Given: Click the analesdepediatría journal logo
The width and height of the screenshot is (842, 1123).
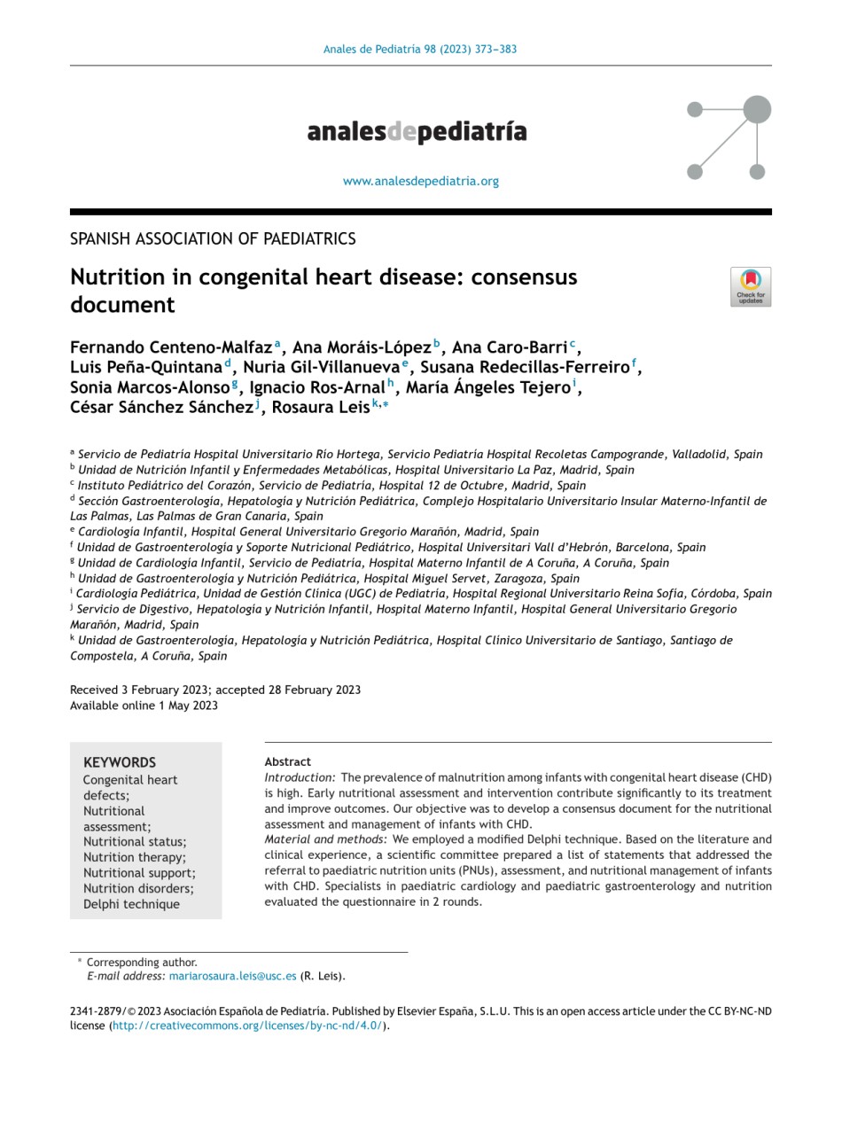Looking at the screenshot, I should (x=417, y=132).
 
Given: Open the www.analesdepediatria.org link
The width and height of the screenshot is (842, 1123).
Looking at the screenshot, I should (x=420, y=181).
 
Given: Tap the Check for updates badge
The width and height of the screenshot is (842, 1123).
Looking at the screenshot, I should (x=750, y=286).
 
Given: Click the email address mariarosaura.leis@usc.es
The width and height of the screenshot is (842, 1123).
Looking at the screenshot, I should (x=232, y=976).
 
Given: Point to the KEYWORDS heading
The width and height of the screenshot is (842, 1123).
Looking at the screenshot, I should (x=119, y=762).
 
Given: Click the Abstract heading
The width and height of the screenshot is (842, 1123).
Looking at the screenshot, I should (x=287, y=761).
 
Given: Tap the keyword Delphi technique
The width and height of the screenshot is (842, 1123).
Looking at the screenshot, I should (x=131, y=904).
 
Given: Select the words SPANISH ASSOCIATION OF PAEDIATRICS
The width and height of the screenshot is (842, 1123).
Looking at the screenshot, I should (x=213, y=238).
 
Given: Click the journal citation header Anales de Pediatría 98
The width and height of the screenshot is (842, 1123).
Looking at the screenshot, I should (x=419, y=50).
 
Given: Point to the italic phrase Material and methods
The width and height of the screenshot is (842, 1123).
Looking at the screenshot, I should (x=325, y=839).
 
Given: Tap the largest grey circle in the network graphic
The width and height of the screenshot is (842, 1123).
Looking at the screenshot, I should (x=756, y=110).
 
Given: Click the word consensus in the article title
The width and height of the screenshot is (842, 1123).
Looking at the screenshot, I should (x=524, y=277).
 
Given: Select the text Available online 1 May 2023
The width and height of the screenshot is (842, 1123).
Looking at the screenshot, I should (x=144, y=706).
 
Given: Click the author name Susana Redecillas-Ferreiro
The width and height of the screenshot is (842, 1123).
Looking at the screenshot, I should (x=524, y=367).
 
